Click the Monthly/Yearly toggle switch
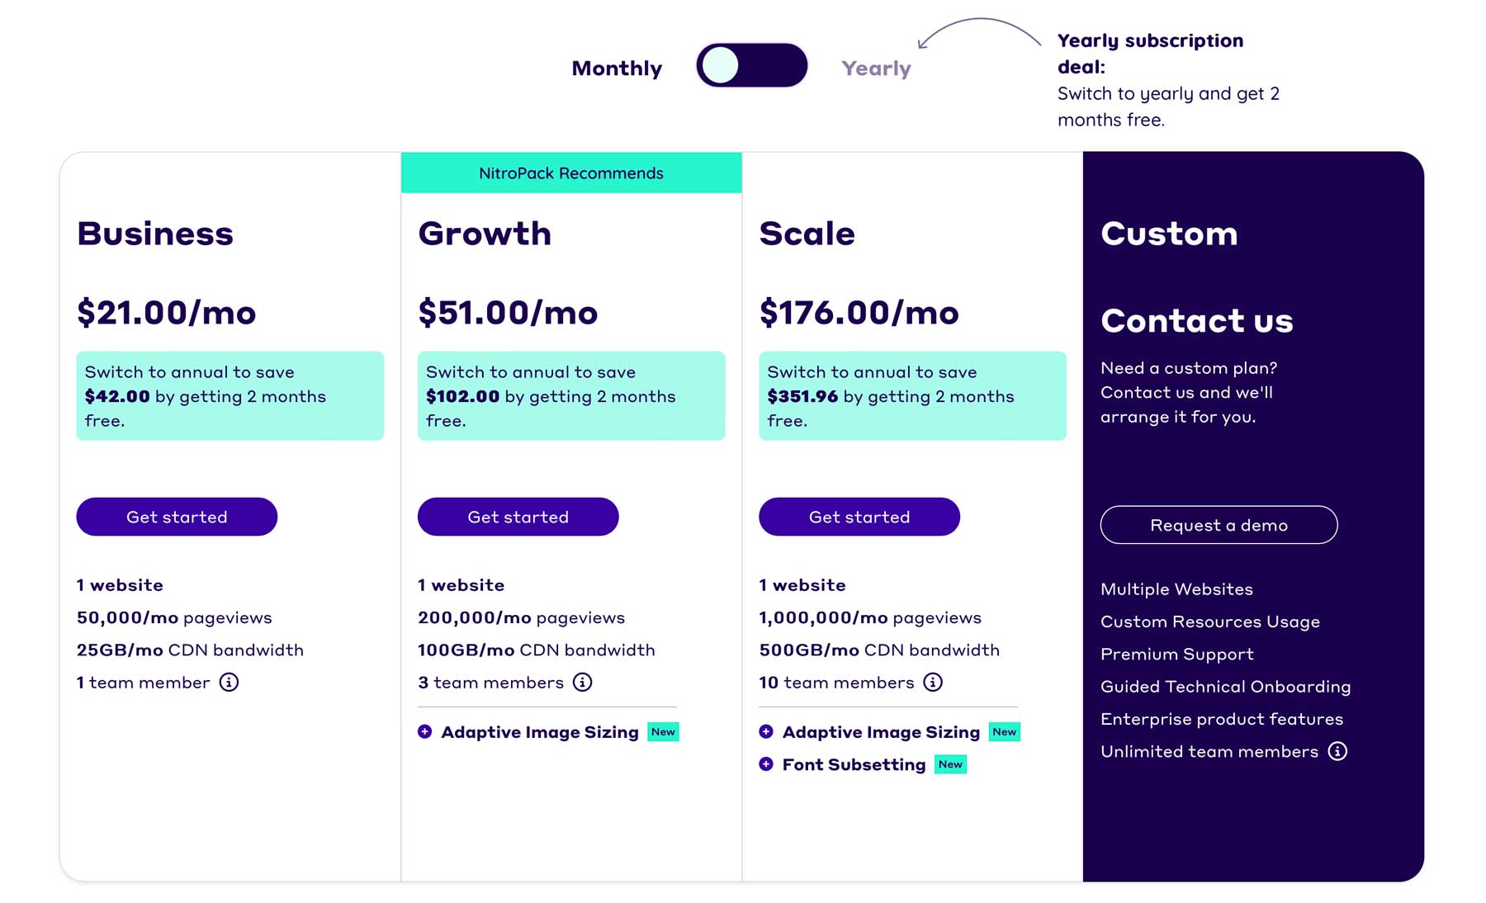[x=751, y=66]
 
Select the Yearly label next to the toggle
[x=876, y=69]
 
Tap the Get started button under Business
[x=177, y=517]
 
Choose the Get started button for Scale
[x=859, y=517]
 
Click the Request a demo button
[x=1219, y=525]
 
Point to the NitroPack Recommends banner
[x=571, y=173]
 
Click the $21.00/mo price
[x=167, y=313]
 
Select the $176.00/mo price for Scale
[x=859, y=313]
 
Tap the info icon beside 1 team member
[x=229, y=683]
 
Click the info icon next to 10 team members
[x=933, y=683]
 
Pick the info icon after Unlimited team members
[x=1337, y=751]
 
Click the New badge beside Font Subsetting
[x=950, y=764]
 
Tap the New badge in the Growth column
[x=663, y=732]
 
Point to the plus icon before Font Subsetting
[x=766, y=764]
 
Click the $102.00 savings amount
[x=462, y=397]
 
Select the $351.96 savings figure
[x=802, y=397]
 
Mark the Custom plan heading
[x=1169, y=234]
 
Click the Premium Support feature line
[x=1176, y=655]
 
